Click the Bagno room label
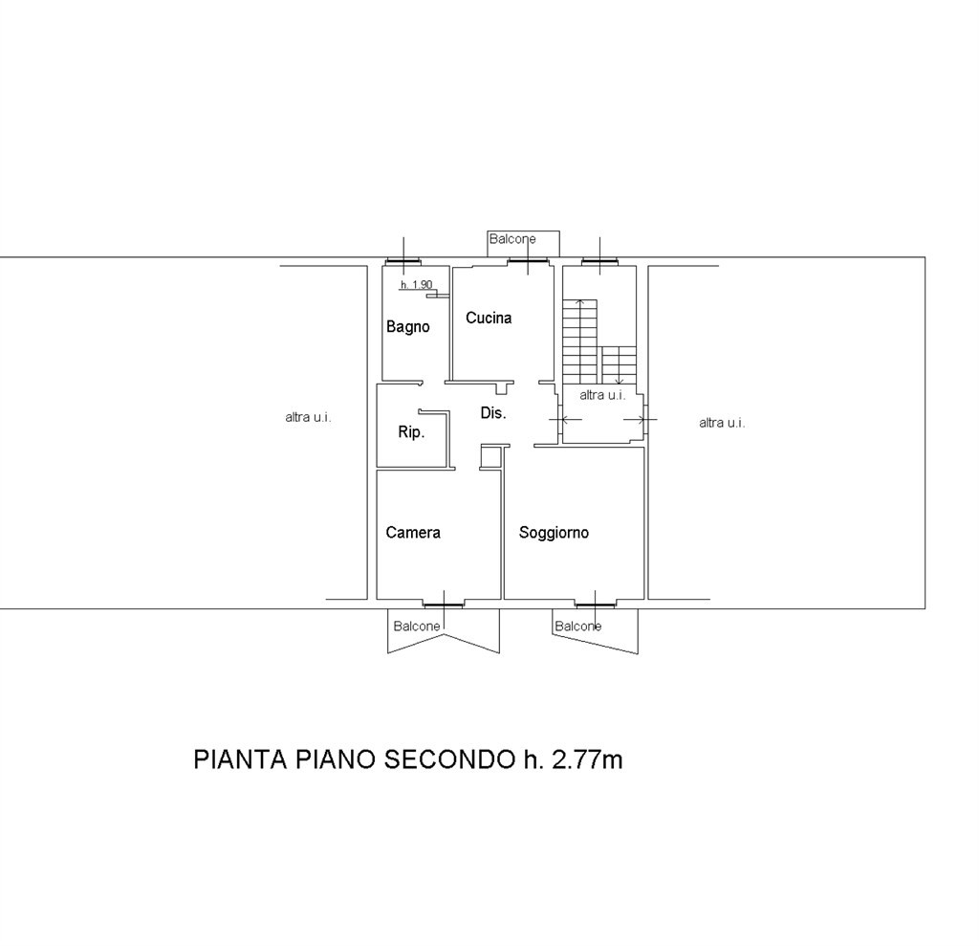click(407, 327)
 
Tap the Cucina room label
click(489, 318)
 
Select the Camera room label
click(413, 533)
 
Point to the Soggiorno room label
click(554, 533)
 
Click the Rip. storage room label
click(411, 431)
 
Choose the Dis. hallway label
click(492, 413)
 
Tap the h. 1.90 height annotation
click(417, 285)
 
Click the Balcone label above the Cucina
click(512, 239)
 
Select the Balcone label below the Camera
click(417, 627)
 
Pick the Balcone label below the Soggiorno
click(577, 627)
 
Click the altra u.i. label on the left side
click(308, 417)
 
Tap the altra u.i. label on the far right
click(722, 423)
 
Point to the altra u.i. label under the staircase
click(602, 395)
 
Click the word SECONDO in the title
click(447, 759)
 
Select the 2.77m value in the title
click(587, 759)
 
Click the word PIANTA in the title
click(240, 759)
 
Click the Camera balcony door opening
click(444, 605)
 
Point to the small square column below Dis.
click(490, 457)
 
